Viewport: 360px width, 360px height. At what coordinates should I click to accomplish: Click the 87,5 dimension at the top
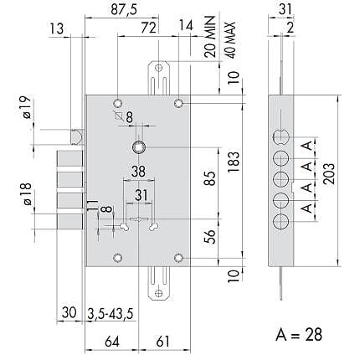tap(124, 10)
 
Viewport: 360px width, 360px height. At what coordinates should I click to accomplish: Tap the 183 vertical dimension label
tap(234, 162)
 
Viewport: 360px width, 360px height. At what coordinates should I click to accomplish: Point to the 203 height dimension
tap(329, 173)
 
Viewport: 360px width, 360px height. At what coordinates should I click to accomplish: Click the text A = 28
tap(299, 334)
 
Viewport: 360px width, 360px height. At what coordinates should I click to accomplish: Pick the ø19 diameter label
tap(26, 107)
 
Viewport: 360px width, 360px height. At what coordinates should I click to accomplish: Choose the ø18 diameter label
tap(27, 194)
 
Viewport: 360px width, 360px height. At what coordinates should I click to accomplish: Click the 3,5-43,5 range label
tap(111, 314)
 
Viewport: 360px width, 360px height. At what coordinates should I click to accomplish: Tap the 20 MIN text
tap(210, 36)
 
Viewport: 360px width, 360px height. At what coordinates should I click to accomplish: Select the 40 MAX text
tap(230, 40)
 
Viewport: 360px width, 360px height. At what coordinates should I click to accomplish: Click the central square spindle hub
tap(138, 147)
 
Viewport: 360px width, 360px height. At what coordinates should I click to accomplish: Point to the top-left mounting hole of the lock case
tap(118, 103)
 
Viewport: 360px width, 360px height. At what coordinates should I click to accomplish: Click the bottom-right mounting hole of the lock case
tap(178, 258)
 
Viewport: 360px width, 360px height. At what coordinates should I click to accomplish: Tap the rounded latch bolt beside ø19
tap(76, 137)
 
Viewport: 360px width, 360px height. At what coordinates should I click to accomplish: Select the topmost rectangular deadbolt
tap(69, 159)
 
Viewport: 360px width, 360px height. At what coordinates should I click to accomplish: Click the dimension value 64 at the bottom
tap(112, 342)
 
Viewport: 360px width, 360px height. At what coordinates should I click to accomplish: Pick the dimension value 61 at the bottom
tap(162, 342)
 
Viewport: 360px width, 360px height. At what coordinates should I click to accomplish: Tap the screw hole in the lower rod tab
tap(159, 293)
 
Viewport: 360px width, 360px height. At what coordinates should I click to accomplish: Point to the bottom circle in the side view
tap(280, 223)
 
